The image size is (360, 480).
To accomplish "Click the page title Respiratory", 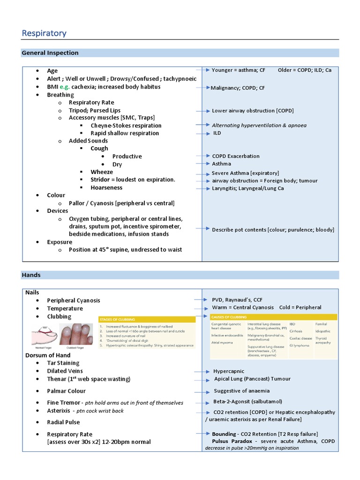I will click(45, 33).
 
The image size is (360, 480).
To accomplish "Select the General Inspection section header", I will click(50, 53).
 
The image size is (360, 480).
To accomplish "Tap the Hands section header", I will click(31, 275).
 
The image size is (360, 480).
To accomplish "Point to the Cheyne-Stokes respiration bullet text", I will click(126, 126).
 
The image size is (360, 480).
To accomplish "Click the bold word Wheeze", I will click(102, 172).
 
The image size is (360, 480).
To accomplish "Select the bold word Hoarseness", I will click(106, 187).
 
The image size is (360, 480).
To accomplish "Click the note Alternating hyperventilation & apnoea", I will click(259, 125).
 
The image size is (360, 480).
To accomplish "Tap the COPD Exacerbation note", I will click(235, 156).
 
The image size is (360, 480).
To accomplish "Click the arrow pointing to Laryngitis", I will click(203, 188).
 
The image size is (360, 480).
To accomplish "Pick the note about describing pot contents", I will click(273, 230).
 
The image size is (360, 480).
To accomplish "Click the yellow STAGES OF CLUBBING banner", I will click(147, 319).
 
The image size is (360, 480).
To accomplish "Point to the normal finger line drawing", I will click(45, 337).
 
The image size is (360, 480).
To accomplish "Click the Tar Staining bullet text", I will click(63, 363).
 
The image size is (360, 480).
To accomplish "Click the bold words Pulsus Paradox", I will click(232, 441).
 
